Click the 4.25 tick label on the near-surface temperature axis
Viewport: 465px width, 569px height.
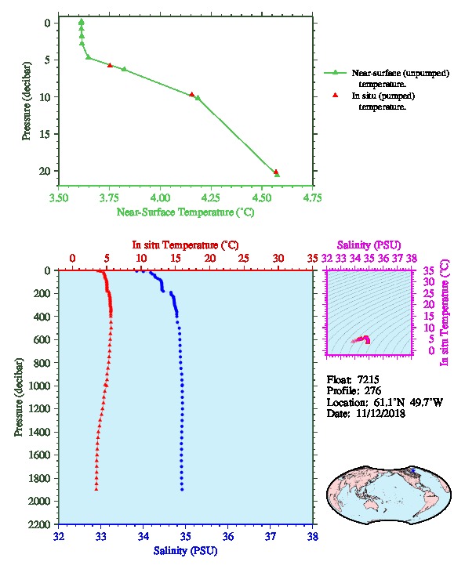(x=211, y=198)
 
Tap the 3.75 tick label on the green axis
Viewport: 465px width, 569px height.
(x=109, y=198)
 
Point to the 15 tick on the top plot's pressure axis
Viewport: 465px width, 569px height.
(x=45, y=134)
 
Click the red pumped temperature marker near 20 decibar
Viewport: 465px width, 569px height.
(x=276, y=172)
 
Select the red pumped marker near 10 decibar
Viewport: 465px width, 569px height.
(x=192, y=94)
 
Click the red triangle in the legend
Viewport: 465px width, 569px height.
(x=336, y=95)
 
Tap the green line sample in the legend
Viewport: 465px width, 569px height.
(x=336, y=73)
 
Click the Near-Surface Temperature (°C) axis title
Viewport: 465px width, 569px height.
(x=186, y=212)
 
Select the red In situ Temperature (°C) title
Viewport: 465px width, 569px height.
(x=186, y=245)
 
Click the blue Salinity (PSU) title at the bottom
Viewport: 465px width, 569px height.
(x=186, y=551)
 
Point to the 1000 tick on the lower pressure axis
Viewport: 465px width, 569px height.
(x=39, y=386)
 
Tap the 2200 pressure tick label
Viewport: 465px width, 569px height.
(x=39, y=524)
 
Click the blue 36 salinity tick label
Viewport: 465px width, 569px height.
(x=228, y=536)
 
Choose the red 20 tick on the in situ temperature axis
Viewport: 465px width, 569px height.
(x=210, y=259)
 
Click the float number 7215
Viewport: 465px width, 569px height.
(x=368, y=379)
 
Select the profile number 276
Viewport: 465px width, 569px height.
(x=372, y=391)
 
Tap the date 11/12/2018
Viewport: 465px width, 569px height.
(x=380, y=413)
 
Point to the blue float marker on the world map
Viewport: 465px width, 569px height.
(x=412, y=470)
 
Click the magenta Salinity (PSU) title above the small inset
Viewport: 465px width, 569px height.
(x=369, y=245)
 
